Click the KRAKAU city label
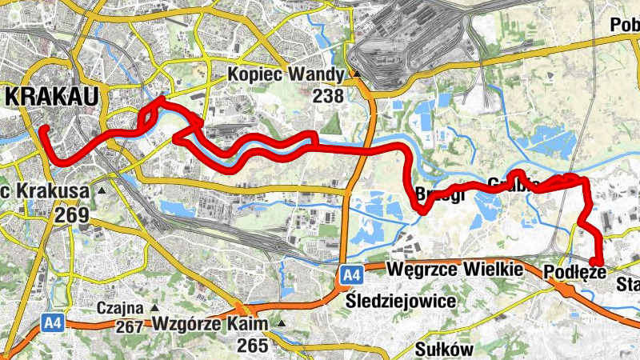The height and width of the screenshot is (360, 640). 53,97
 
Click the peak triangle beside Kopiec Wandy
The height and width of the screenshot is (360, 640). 355,77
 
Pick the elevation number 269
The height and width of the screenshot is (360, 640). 72,214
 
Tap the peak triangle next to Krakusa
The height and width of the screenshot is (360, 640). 101,192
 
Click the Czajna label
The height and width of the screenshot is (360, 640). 120,307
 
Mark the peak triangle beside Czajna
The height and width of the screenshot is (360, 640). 154,308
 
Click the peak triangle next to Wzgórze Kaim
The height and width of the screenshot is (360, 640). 281,324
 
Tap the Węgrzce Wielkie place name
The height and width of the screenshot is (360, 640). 454,270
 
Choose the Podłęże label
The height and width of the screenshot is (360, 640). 574,272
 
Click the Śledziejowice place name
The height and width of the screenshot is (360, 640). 402,302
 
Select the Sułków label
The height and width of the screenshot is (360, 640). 445,349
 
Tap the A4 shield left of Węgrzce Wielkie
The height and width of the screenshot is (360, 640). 350,275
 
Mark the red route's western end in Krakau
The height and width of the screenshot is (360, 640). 45,129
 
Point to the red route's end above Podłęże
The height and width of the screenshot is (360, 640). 597,261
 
